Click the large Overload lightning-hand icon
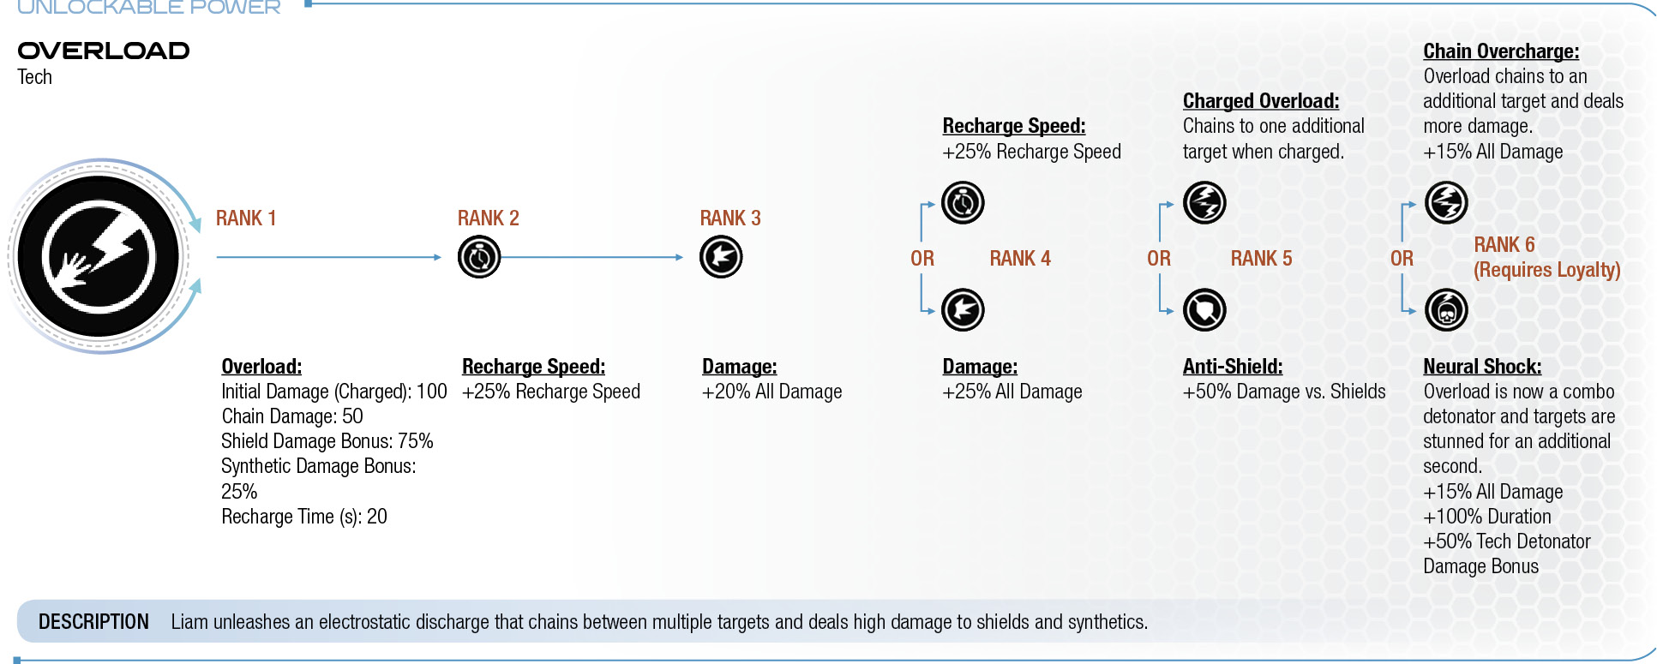point(99,256)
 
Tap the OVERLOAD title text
point(104,51)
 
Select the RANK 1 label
point(246,218)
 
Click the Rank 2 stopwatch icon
point(479,257)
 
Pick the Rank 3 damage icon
point(721,257)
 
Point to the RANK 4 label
point(1020,259)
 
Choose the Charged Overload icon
point(1204,203)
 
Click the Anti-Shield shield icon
point(1204,310)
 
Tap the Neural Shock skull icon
point(1446,310)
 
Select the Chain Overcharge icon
point(1446,203)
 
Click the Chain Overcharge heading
point(1501,51)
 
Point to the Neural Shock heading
point(1482,367)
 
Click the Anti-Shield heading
point(1233,367)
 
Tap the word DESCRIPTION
point(93,622)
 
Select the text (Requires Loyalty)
point(1547,270)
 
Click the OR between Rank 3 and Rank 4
point(922,259)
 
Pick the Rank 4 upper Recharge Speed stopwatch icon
point(963,203)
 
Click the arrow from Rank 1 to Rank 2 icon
point(329,257)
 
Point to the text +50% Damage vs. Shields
point(1284,392)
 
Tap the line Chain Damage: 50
point(292,416)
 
